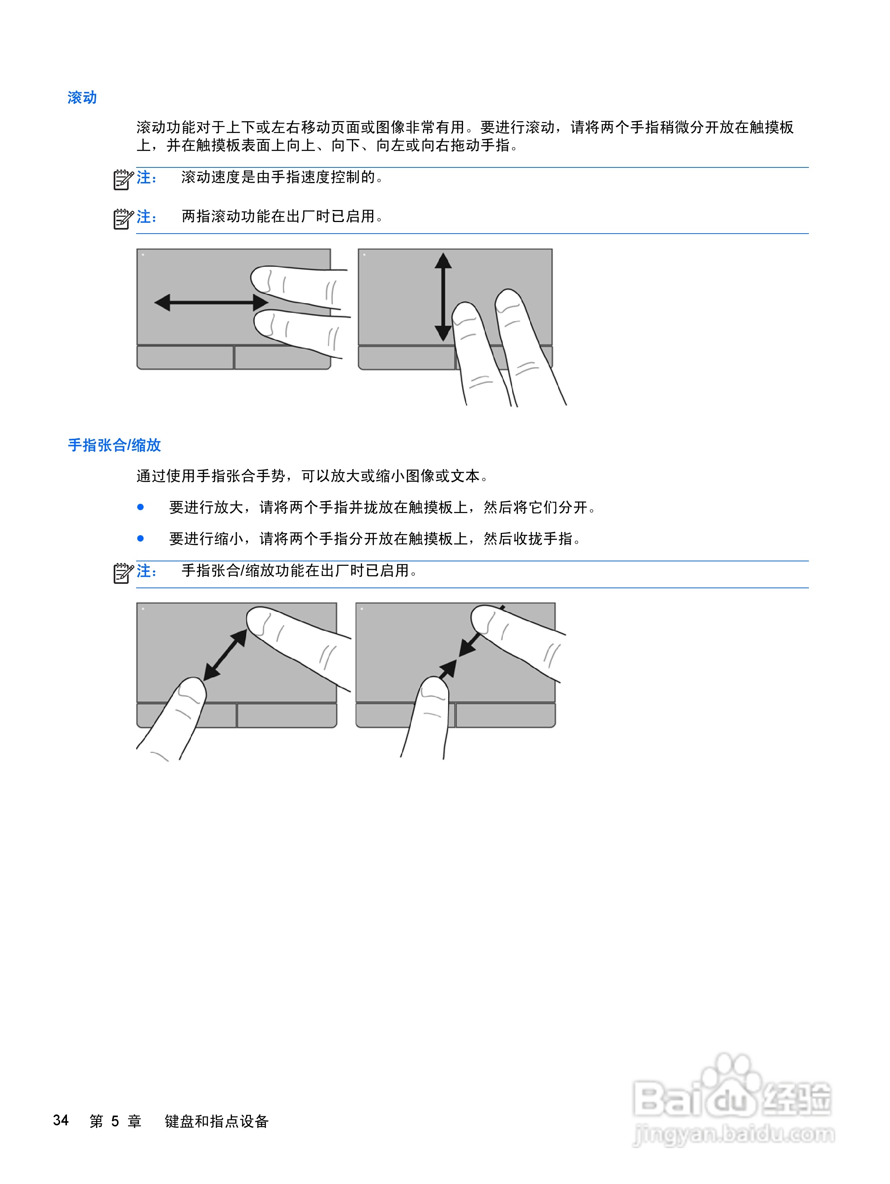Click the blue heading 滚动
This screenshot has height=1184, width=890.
[82, 98]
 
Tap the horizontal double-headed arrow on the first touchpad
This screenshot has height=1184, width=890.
[211, 302]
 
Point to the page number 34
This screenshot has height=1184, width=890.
[61, 1120]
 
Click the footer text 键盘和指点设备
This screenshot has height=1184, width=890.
[217, 1121]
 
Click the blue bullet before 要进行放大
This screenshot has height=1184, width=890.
[140, 507]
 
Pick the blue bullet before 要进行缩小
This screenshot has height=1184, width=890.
[140, 539]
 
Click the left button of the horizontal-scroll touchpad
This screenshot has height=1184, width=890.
[185, 358]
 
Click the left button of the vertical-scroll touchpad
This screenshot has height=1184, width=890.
[406, 358]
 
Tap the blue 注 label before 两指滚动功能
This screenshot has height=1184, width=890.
[146, 217]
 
